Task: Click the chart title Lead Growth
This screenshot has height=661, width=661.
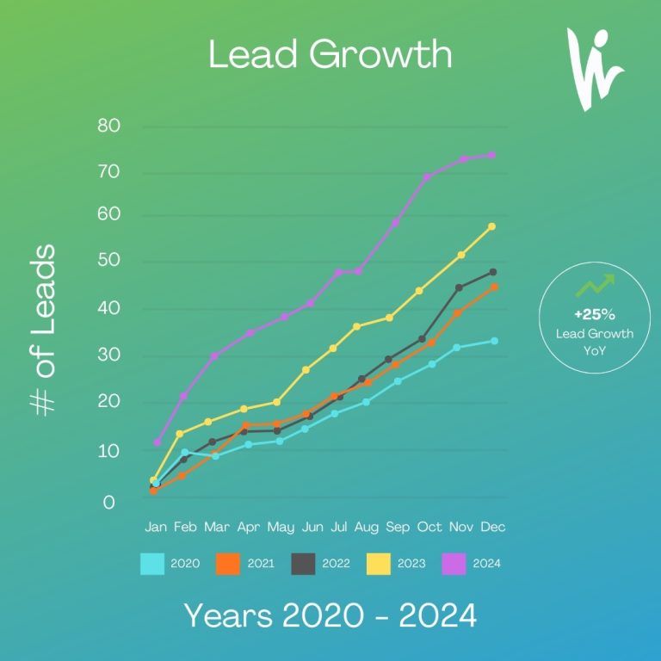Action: pyautogui.click(x=330, y=54)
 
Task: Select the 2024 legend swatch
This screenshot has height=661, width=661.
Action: pyautogui.click(x=454, y=564)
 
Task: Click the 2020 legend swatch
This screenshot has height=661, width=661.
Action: pyautogui.click(x=152, y=564)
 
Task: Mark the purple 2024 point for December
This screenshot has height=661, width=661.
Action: pyautogui.click(x=491, y=155)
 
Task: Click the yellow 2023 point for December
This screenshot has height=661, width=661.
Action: pyautogui.click(x=491, y=226)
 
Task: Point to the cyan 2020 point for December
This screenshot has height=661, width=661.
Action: pyautogui.click(x=493, y=341)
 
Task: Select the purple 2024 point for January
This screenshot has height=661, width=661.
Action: pyautogui.click(x=157, y=442)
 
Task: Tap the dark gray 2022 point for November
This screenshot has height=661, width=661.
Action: pyautogui.click(x=459, y=287)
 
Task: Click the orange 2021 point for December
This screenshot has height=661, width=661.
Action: pyautogui.click(x=492, y=287)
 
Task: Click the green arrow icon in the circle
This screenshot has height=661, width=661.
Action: pyautogui.click(x=596, y=285)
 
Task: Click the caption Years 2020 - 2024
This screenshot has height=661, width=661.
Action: pyautogui.click(x=330, y=615)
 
